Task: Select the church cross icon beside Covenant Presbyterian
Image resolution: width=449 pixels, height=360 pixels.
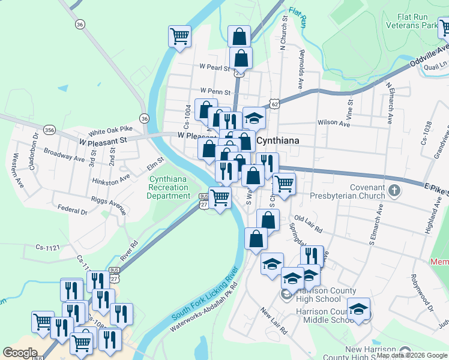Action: (x=394, y=191)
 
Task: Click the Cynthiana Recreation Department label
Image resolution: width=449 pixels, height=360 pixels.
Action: (x=170, y=187)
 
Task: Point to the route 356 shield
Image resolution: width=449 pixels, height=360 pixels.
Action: (x=50, y=130)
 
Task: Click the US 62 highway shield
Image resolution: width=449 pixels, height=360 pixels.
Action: (x=274, y=104)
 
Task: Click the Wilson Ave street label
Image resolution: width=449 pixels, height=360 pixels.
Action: (x=334, y=122)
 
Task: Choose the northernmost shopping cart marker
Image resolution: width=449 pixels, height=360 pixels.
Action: (x=180, y=35)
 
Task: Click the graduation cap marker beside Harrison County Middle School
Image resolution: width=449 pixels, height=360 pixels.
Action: (x=358, y=309)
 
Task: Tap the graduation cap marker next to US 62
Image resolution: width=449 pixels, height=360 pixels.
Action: (x=254, y=117)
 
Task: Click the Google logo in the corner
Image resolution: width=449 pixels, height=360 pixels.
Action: (x=20, y=353)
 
